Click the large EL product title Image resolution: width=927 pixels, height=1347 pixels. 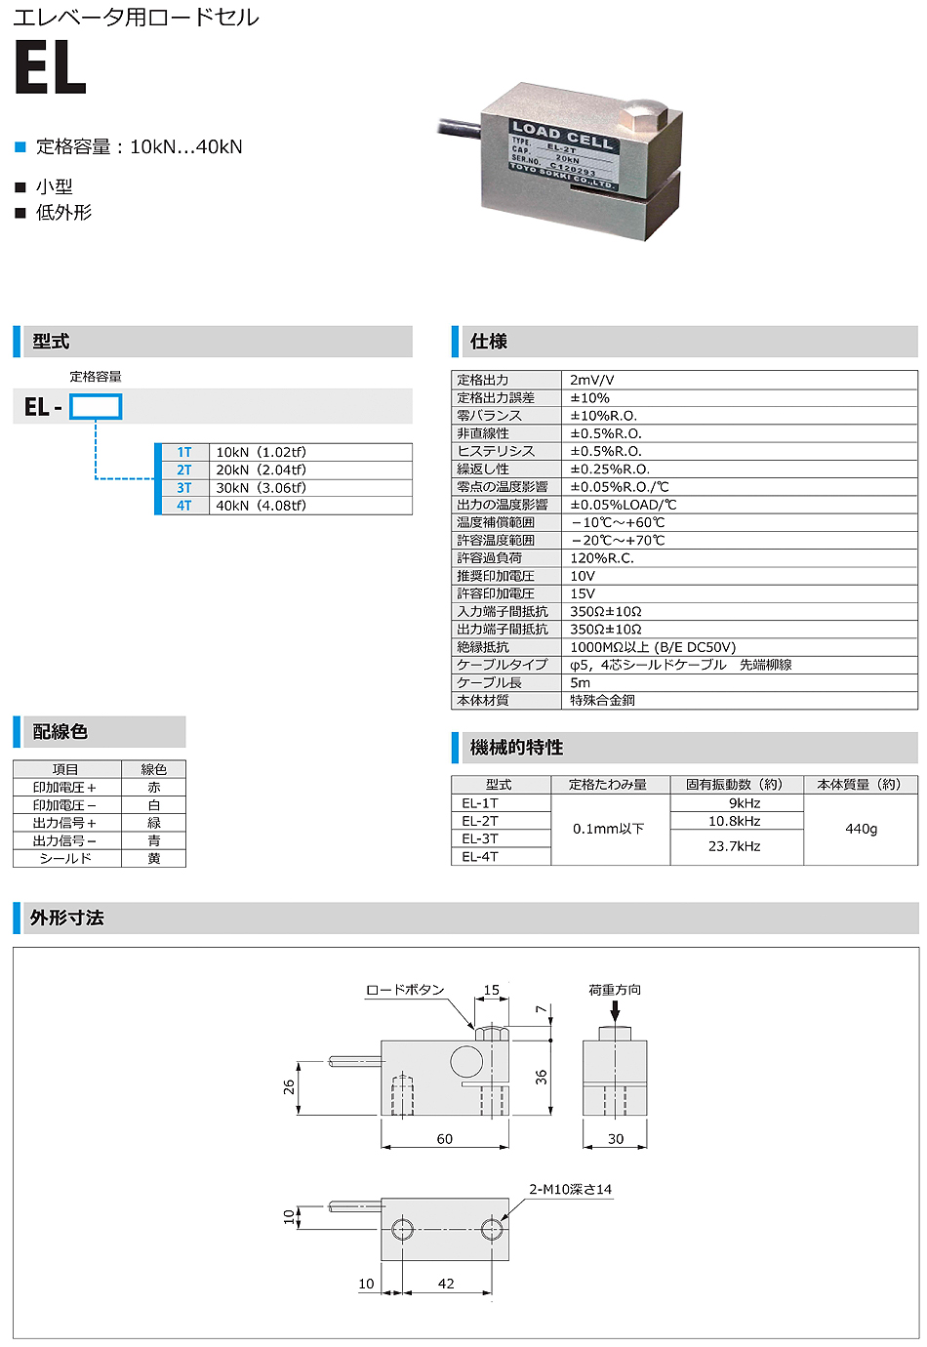click(51, 69)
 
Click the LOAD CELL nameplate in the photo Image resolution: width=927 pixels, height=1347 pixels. click(563, 153)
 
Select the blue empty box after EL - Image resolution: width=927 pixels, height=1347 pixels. click(96, 407)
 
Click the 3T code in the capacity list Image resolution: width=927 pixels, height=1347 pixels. click(184, 488)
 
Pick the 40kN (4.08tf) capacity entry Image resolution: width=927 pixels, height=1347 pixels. click(261, 506)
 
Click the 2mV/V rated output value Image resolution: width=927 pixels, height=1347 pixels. click(591, 380)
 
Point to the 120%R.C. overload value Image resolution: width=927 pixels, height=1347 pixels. click(601, 558)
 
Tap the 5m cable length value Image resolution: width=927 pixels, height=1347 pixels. click(580, 682)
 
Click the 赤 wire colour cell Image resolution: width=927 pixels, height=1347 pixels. click(153, 788)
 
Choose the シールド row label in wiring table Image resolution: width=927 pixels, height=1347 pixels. click(65, 859)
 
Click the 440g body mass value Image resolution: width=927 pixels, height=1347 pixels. click(861, 829)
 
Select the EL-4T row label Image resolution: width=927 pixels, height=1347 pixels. click(480, 857)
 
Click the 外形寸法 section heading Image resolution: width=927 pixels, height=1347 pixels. click(66, 918)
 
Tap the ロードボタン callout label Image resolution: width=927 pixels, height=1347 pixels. click(404, 990)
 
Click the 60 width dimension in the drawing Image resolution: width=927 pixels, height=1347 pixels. click(444, 1139)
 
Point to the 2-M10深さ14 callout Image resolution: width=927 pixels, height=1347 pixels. click(570, 1189)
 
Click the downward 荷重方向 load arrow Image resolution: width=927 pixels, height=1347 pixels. click(615, 1011)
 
